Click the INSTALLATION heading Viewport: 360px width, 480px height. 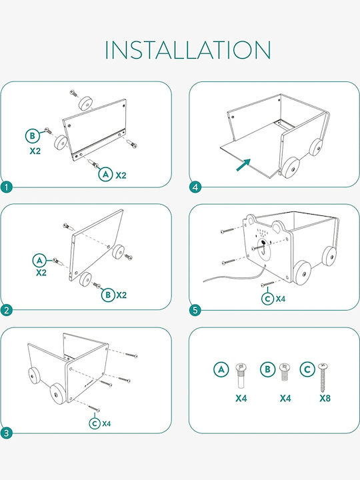pyautogui.click(x=188, y=49)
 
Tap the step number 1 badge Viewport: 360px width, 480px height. pyautogui.click(x=7, y=187)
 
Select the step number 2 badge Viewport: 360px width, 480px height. pyautogui.click(x=7, y=311)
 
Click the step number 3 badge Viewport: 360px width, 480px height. pyautogui.click(x=7, y=433)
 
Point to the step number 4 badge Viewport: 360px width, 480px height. pyautogui.click(x=195, y=187)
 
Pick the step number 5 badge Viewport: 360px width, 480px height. pyautogui.click(x=195, y=311)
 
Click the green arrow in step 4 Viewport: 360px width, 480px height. pyautogui.click(x=244, y=165)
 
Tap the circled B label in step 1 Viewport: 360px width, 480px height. pyautogui.click(x=33, y=136)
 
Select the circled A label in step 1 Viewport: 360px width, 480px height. pyautogui.click(x=105, y=174)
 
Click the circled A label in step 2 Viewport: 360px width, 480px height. pyautogui.click(x=40, y=261)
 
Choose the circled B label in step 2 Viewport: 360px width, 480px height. pyautogui.click(x=108, y=295)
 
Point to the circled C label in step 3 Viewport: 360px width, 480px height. pyautogui.click(x=95, y=423)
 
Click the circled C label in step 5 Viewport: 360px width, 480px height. pyautogui.click(x=267, y=299)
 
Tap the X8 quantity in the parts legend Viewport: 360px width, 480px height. pyautogui.click(x=325, y=398)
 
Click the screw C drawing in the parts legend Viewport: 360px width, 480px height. pyautogui.click(x=323, y=378)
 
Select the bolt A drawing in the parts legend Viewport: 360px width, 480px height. pyautogui.click(x=241, y=375)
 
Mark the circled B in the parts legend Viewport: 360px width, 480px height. pyautogui.click(x=267, y=369)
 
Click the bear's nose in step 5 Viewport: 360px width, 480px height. pyautogui.click(x=263, y=243)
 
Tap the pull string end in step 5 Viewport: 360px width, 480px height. pyautogui.click(x=204, y=281)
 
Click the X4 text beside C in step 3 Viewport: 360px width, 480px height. pyautogui.click(x=107, y=424)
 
